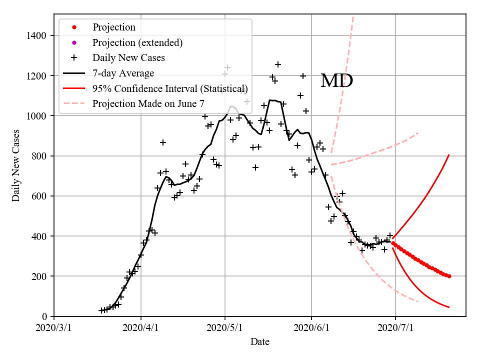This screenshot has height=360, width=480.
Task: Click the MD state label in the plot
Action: point(336,81)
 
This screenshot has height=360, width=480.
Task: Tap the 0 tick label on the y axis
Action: point(44,316)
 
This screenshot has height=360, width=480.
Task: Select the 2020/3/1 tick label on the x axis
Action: point(54,328)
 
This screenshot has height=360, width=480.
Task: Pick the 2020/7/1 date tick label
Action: point(395,328)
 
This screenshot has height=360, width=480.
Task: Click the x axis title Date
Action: point(260,342)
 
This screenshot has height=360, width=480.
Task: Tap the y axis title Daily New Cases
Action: point(16,166)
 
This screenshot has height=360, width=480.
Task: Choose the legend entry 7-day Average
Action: point(123,73)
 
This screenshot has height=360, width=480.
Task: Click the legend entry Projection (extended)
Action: point(137,42)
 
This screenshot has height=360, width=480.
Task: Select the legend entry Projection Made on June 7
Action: point(148,103)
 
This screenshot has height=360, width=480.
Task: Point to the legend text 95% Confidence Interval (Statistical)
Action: point(170,88)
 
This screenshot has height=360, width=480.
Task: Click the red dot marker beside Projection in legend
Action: point(74,27)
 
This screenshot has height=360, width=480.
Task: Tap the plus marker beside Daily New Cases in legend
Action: point(74,57)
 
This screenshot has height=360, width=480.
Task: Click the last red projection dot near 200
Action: point(449,276)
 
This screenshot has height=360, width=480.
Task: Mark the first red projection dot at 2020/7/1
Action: point(393,243)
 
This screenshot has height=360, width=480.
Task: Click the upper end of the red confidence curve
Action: point(449,155)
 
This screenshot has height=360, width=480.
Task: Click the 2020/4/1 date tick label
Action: point(140,328)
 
